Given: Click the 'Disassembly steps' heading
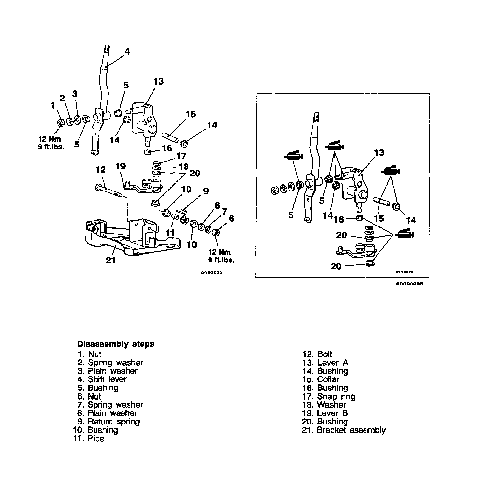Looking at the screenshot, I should (x=116, y=344).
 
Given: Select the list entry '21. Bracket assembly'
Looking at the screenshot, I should (x=344, y=430).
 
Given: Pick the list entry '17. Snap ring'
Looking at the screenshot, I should (x=329, y=397).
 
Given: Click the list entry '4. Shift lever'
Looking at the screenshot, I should (x=102, y=379).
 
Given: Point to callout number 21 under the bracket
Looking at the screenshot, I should (x=110, y=260).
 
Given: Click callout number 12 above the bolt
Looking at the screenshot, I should (x=101, y=169).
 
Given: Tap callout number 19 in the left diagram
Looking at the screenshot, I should (x=120, y=167).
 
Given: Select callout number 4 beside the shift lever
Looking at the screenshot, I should (x=127, y=52).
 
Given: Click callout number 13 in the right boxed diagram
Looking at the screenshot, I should (x=379, y=152).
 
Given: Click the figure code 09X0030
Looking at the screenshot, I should (x=211, y=273).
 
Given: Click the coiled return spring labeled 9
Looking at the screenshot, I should (x=184, y=216).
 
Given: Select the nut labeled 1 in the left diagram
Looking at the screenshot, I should (x=60, y=122).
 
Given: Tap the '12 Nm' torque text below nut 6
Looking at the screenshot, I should (x=220, y=252).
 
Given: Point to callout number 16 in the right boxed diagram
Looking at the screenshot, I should (x=338, y=219).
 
